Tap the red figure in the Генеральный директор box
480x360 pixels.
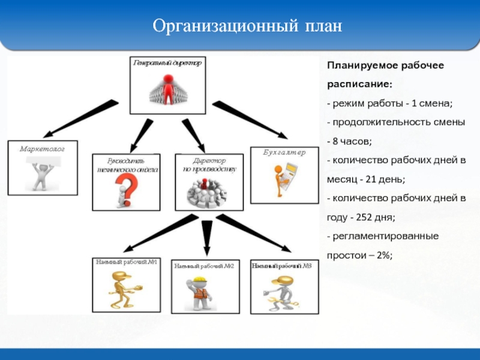(170, 89)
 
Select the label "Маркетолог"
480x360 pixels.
(41, 148)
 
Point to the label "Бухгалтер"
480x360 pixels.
(285, 152)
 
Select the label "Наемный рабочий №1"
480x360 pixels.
(126, 262)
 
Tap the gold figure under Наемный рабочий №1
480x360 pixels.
(125, 288)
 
